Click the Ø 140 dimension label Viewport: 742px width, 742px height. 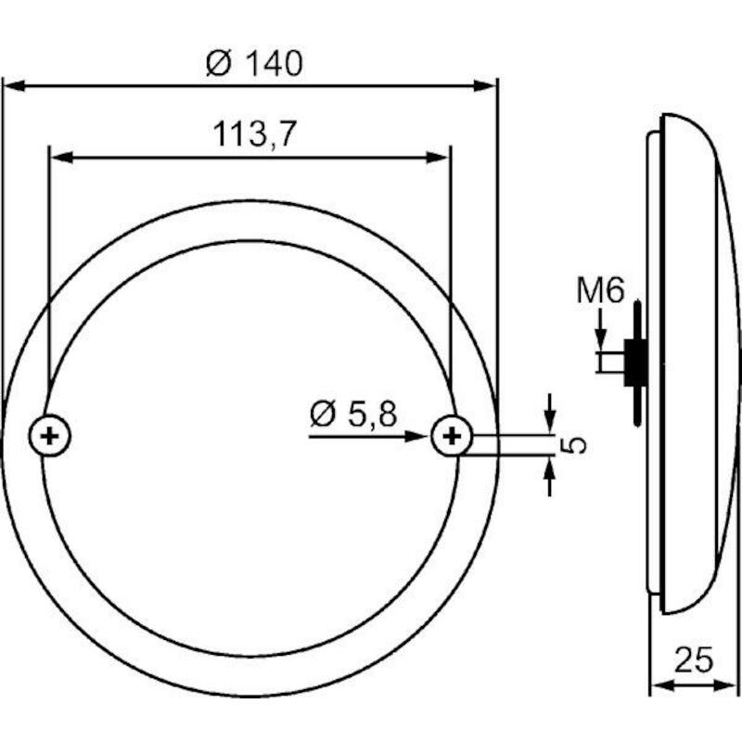pyautogui.click(x=254, y=64)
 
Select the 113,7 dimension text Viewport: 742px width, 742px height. pyautogui.click(x=254, y=134)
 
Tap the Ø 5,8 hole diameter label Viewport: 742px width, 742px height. pyautogui.click(x=353, y=414)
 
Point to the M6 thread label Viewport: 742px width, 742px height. pyautogui.click(x=600, y=290)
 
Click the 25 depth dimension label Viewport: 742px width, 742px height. pyautogui.click(x=693, y=660)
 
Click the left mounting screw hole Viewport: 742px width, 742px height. pyautogui.click(x=50, y=436)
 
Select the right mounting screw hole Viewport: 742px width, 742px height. pyautogui.click(x=452, y=436)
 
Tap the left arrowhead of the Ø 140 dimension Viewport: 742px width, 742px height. pyautogui.click(x=13, y=85)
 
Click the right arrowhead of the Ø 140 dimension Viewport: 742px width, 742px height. pyautogui.click(x=485, y=85)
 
